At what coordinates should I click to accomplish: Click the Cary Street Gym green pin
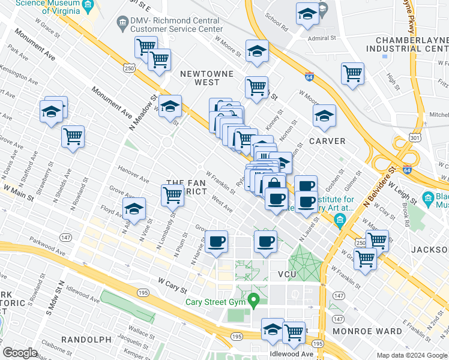(253, 298)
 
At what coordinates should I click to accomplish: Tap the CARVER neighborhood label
(327, 141)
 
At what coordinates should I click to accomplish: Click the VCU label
(287, 274)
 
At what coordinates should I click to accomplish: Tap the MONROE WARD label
(373, 331)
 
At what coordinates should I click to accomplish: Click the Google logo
(20, 353)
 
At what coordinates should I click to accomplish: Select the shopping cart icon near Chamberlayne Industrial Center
(352, 74)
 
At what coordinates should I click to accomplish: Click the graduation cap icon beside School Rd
(307, 14)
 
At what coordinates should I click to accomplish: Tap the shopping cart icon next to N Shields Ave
(73, 136)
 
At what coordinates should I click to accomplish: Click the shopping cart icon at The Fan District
(172, 194)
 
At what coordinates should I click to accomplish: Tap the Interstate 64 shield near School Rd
(309, 77)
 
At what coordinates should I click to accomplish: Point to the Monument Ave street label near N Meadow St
(112, 103)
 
